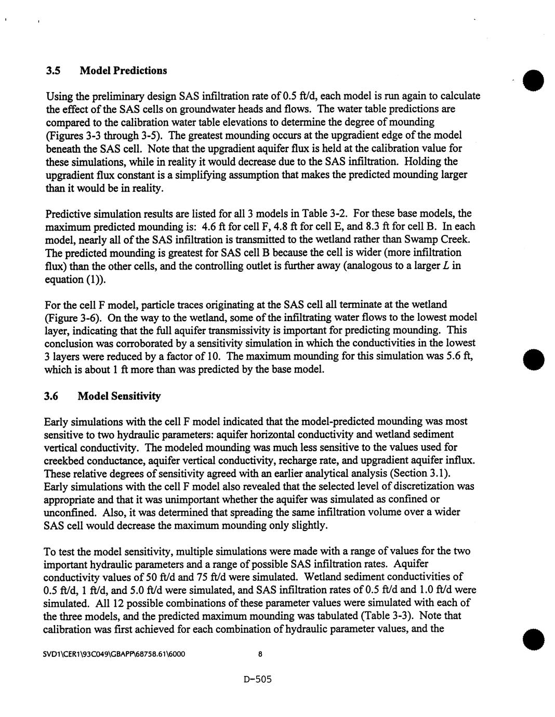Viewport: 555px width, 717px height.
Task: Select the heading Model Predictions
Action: pos(123,70)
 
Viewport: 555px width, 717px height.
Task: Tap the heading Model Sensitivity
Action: pos(119,396)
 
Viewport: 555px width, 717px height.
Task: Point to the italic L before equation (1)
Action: pos(456,265)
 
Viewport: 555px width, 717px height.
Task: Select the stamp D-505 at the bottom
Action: pos(257,679)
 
